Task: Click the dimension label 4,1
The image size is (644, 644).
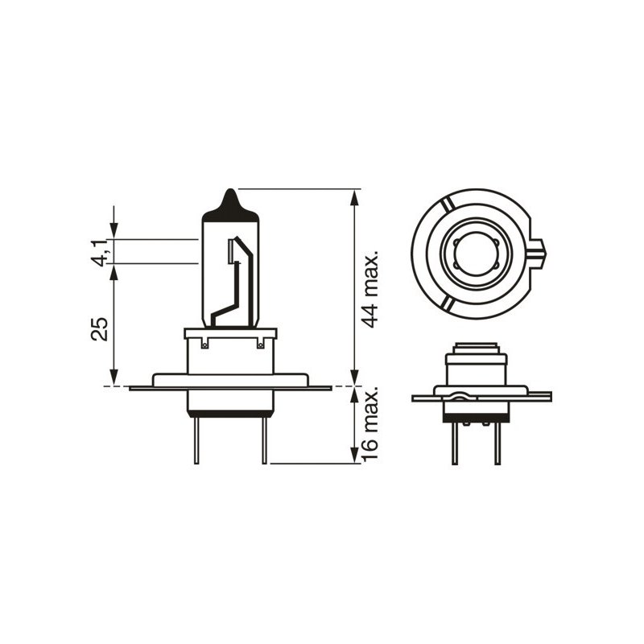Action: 101,250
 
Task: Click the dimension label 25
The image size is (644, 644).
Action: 101,328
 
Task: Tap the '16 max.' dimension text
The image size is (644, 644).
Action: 371,424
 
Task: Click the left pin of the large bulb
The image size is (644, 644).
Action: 196,439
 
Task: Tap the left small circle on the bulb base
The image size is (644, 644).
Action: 204,345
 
